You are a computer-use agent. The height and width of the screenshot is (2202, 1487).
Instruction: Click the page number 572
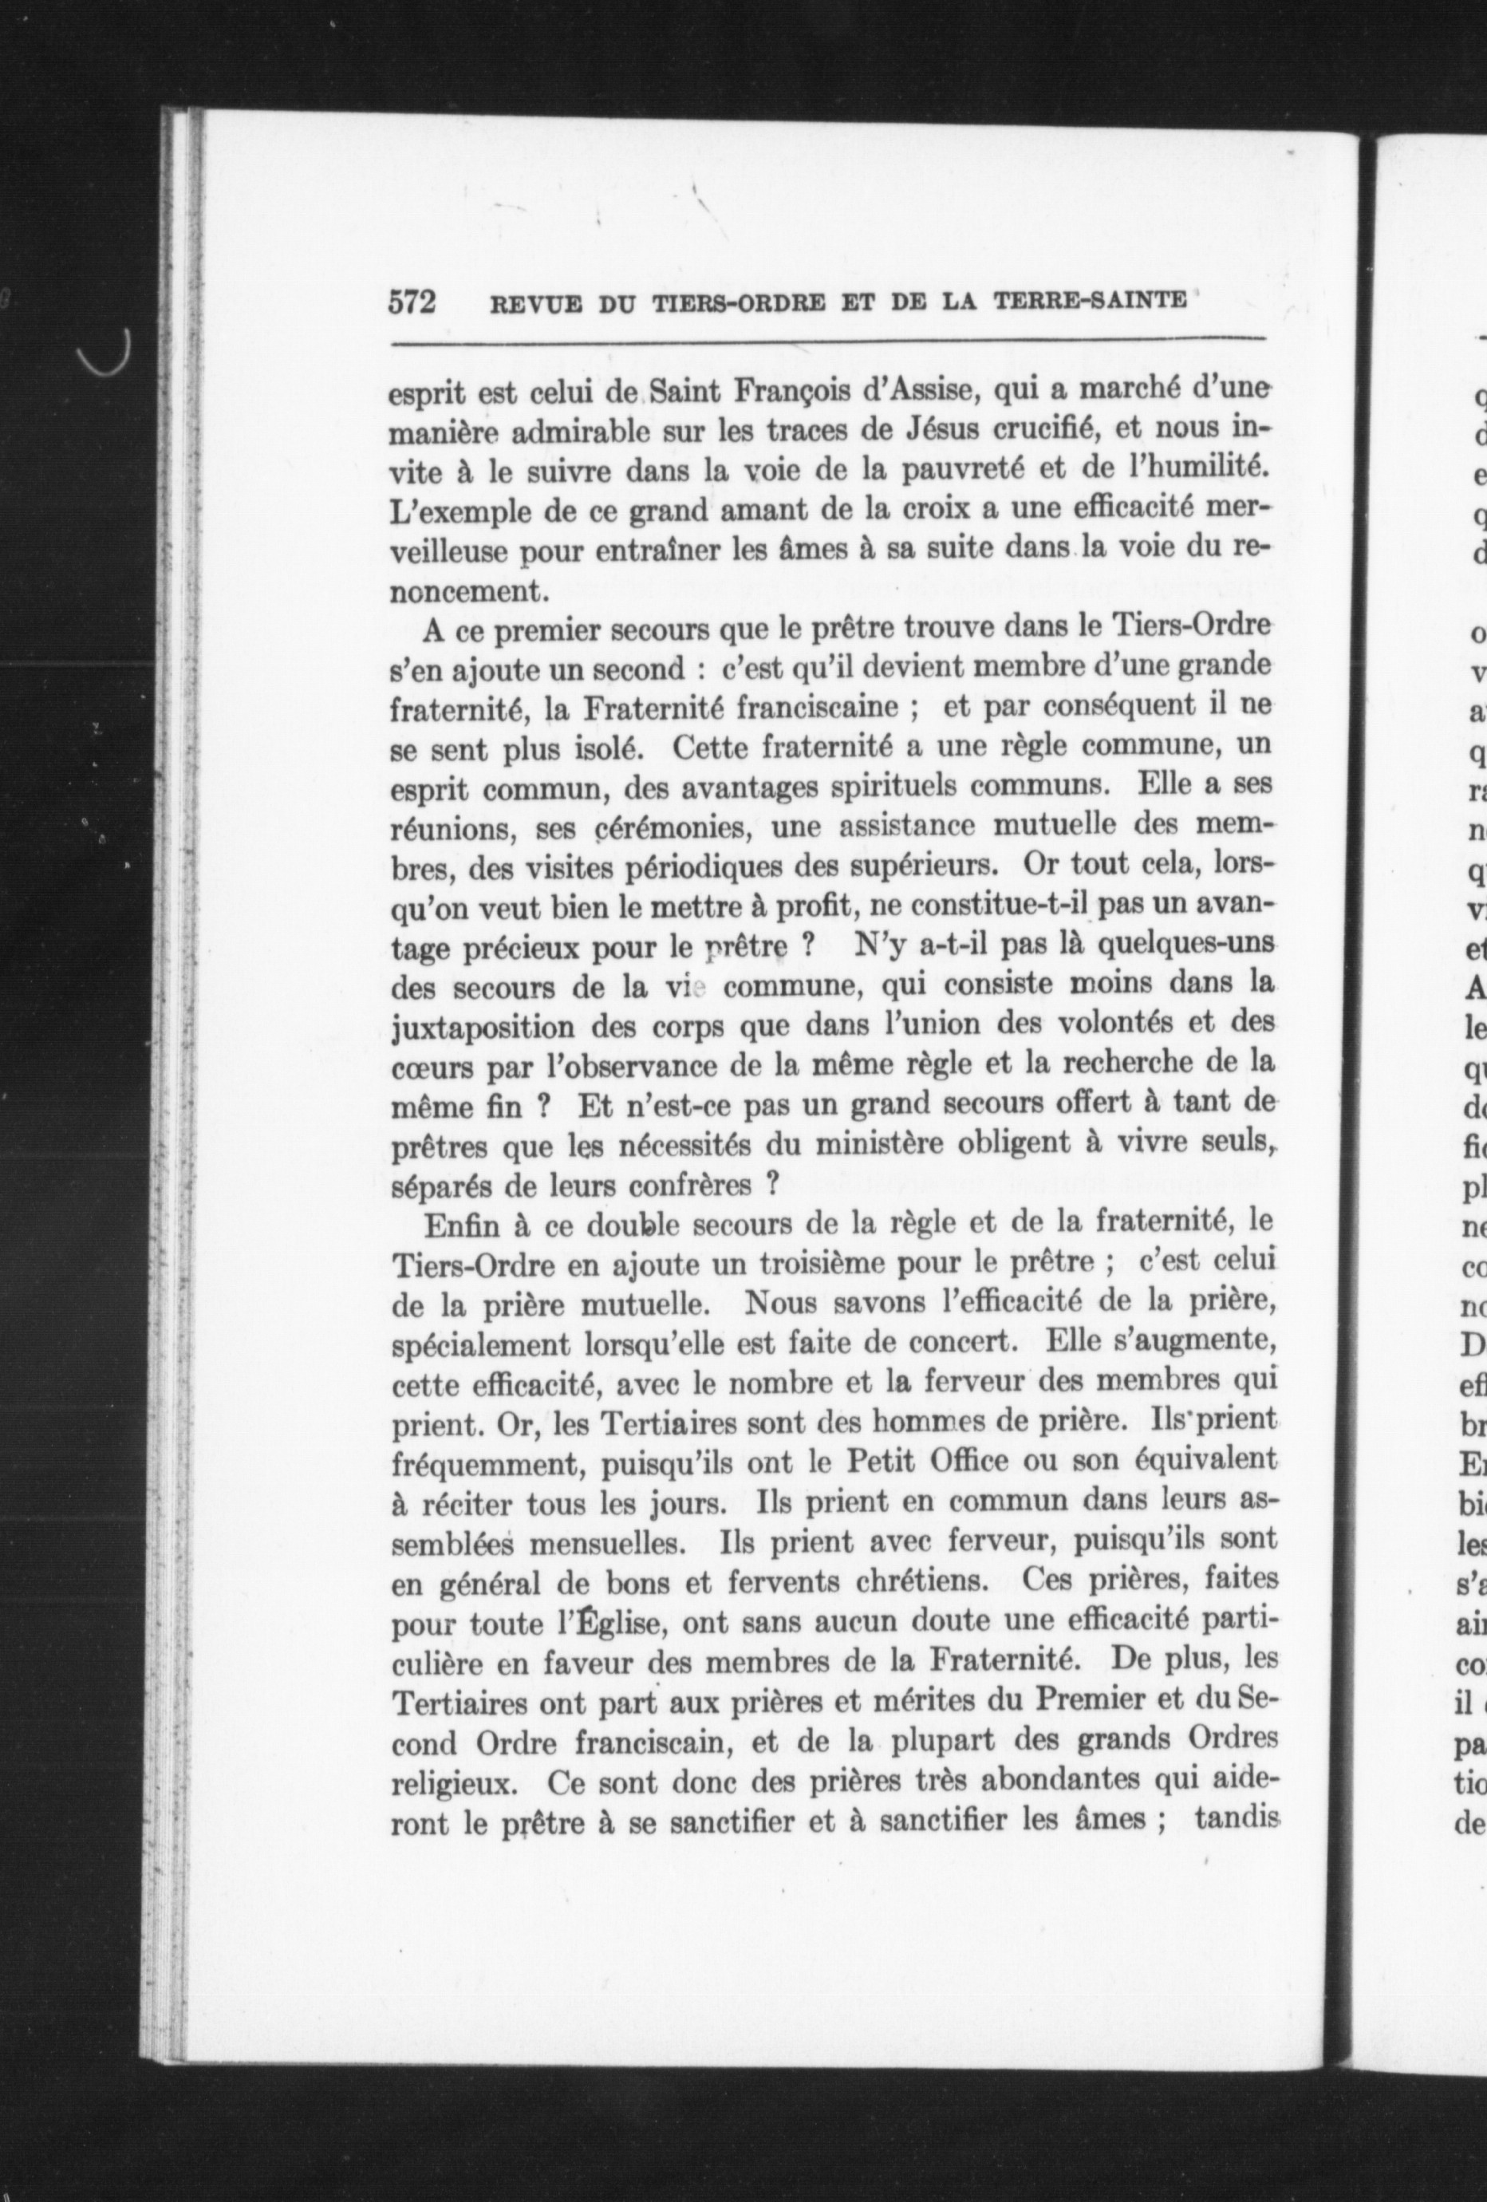[x=411, y=302]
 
